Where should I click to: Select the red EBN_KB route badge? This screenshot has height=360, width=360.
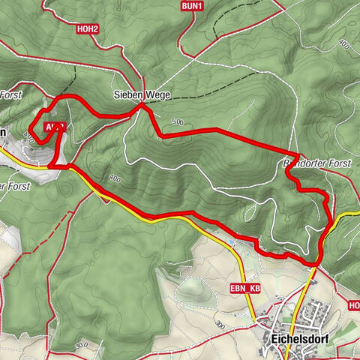244,288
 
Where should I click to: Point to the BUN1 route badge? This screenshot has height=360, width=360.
192,6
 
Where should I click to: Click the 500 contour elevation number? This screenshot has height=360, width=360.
177,121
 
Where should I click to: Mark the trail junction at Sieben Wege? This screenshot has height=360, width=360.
142,107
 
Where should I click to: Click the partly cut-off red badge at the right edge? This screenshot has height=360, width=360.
354,305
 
